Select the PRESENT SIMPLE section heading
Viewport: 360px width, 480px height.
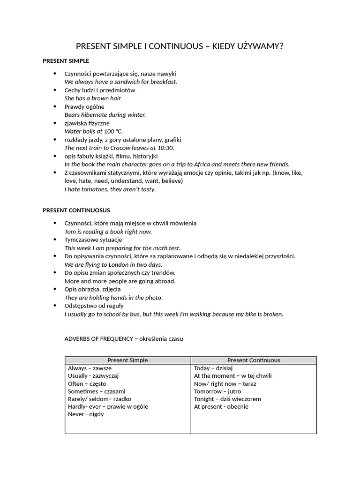(66, 61)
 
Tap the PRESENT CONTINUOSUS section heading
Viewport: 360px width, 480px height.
(76, 210)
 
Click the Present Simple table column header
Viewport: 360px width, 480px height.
(127, 360)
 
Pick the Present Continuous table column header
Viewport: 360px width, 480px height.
(254, 360)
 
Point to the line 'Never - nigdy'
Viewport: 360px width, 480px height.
(86, 414)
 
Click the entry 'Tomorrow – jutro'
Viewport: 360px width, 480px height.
(217, 391)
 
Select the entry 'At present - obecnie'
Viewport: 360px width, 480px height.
(221, 407)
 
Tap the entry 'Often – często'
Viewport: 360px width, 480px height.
(87, 384)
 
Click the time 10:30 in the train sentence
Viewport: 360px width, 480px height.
(164, 148)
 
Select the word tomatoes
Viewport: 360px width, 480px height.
(95, 189)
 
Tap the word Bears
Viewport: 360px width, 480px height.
(73, 115)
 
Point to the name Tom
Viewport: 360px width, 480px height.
(70, 232)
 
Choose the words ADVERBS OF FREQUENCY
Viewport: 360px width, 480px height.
(98, 339)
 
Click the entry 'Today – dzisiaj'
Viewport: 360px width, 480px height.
(213, 368)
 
